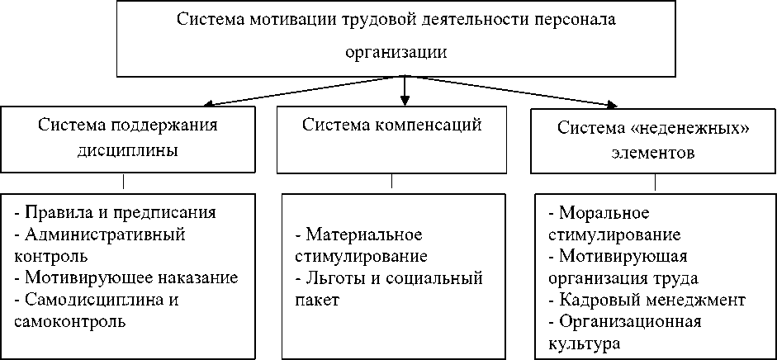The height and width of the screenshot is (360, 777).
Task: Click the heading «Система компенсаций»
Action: [x=391, y=126]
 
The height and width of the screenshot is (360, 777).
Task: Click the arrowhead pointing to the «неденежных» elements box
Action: [x=611, y=105]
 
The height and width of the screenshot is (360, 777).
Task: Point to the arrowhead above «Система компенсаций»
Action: [x=404, y=93]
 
